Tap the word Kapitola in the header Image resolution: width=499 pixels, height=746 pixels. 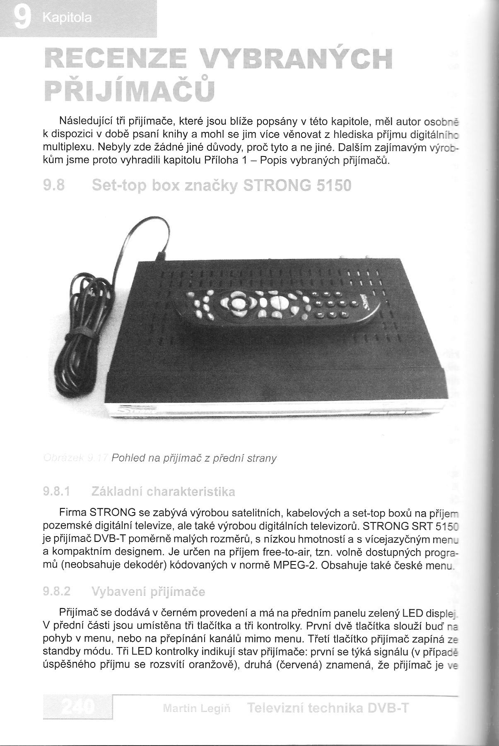coord(68,19)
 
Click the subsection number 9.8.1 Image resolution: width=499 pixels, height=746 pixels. coord(56,492)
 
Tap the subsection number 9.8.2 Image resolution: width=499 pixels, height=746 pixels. coord(56,592)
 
